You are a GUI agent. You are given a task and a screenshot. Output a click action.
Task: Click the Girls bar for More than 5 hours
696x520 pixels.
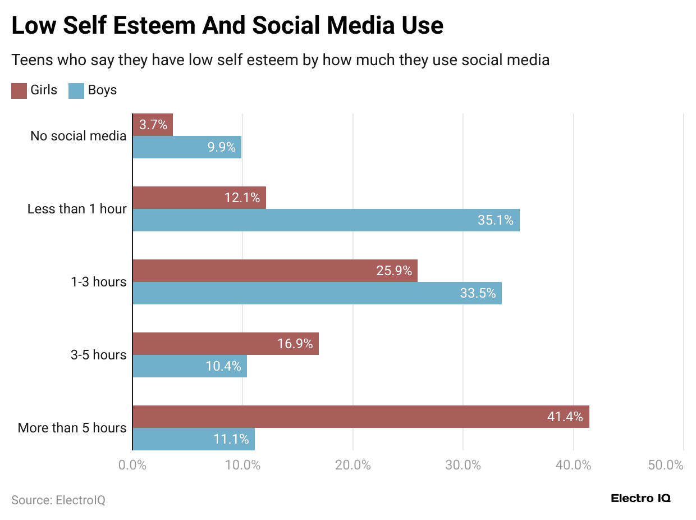[360, 417]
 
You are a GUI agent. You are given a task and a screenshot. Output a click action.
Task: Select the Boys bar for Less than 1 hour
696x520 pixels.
[326, 220]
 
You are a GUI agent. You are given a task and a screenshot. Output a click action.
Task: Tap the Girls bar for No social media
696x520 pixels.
[153, 125]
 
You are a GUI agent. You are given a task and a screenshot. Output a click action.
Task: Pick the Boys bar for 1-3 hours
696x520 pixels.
[317, 293]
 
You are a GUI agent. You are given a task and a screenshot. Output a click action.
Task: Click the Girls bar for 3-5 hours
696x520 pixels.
[225, 344]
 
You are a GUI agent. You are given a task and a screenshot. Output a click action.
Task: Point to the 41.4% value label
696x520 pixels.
[565, 417]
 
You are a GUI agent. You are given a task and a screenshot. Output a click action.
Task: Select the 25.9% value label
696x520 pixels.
[394, 271]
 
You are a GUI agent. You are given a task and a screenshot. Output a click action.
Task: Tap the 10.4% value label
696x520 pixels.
[223, 366]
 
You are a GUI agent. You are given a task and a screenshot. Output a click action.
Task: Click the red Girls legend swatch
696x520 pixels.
[19, 90]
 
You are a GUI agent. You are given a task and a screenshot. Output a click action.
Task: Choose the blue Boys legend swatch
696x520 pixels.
[76, 90]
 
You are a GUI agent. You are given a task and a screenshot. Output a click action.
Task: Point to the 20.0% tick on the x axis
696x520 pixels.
[352, 466]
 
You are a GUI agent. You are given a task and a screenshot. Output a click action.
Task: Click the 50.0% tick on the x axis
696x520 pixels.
[666, 466]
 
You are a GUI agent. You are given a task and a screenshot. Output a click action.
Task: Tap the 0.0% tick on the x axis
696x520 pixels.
[133, 466]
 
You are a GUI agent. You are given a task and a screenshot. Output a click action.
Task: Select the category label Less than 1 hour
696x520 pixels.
[77, 209]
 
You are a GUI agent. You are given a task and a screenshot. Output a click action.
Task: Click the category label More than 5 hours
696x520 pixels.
[72, 428]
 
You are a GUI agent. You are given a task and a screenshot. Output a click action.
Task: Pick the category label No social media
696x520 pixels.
[78, 136]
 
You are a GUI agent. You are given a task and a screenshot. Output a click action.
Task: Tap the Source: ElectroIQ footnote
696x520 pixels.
[58, 500]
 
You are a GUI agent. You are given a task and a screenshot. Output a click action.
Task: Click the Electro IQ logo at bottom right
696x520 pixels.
[640, 498]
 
